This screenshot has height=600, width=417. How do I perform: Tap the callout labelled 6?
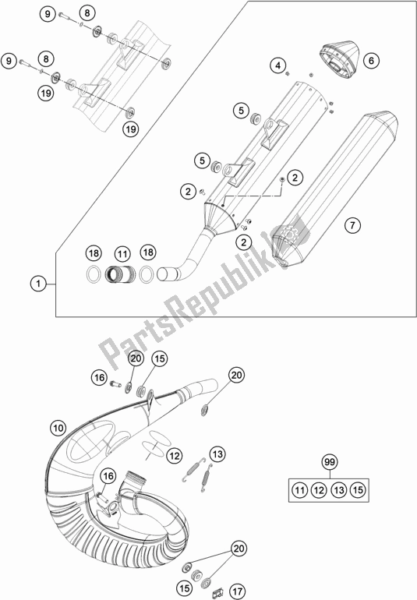(370, 59)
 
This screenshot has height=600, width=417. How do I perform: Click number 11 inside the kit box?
(300, 490)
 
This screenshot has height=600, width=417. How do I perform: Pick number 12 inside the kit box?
(317, 490)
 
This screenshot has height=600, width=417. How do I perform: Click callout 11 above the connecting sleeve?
(121, 254)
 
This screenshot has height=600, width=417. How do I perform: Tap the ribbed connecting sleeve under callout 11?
(121, 275)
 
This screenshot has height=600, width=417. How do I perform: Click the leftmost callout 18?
(93, 254)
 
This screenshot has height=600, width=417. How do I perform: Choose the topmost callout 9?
(48, 15)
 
